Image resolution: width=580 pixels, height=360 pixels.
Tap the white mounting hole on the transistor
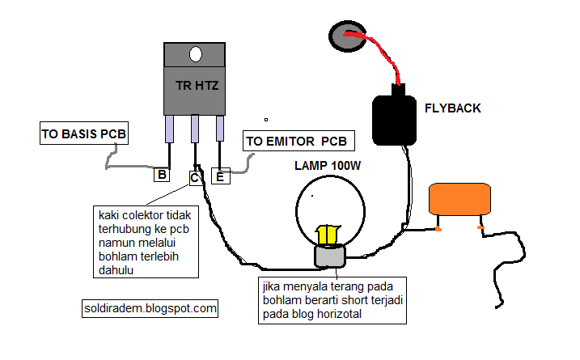pyautogui.click(x=196, y=54)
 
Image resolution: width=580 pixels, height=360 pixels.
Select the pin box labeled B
pyautogui.click(x=162, y=173)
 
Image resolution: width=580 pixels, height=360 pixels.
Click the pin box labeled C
pyautogui.click(x=195, y=176)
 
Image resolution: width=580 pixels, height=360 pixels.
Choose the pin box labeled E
pyautogui.click(x=219, y=175)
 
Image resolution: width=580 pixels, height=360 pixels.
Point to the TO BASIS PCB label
pyautogui.click(x=84, y=133)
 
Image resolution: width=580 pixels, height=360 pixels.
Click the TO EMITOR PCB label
pyautogui.click(x=297, y=142)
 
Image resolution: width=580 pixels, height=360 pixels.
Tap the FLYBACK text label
pyautogui.click(x=453, y=107)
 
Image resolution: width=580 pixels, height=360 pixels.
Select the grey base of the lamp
pyautogui.click(x=328, y=256)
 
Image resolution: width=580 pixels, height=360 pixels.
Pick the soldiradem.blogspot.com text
pyautogui.click(x=150, y=308)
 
